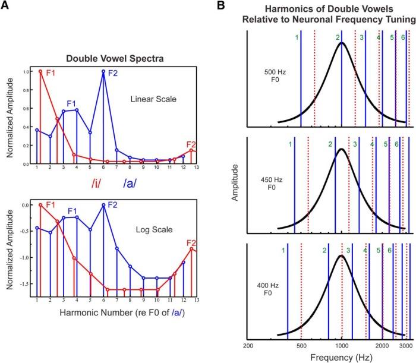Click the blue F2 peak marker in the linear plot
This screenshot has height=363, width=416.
104,72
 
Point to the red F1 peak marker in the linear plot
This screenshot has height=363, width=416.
40,72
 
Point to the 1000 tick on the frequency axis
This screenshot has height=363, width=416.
342,345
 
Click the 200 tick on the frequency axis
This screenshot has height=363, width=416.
248,345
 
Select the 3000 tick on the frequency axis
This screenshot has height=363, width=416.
405,345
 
